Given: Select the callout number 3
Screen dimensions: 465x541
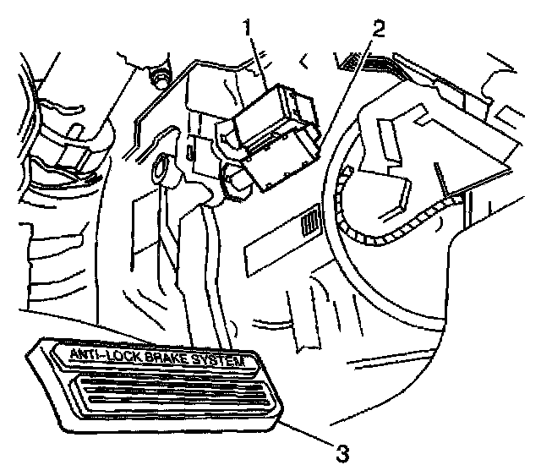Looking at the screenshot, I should pos(340,453).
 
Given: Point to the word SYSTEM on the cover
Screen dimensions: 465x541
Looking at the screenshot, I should pos(226,363).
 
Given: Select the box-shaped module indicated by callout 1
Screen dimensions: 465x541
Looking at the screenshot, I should pos(275,135).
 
